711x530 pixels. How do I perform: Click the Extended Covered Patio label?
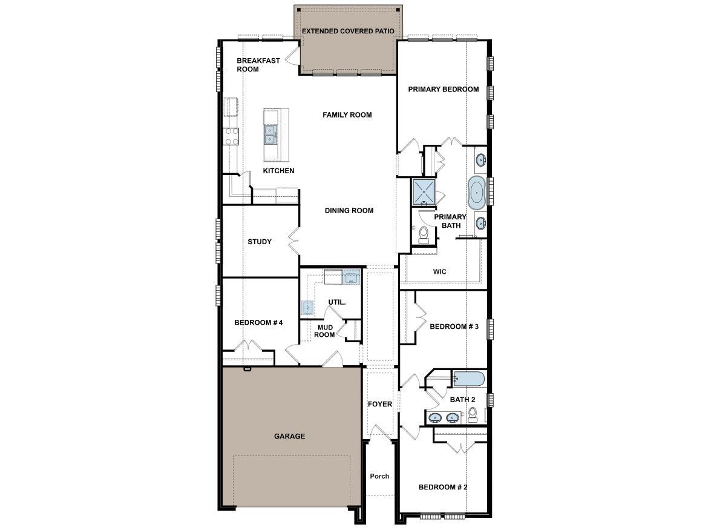pyautogui.click(x=348, y=31)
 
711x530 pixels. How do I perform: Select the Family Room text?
pyautogui.click(x=347, y=115)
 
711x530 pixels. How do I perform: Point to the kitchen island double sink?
pyautogui.click(x=270, y=134)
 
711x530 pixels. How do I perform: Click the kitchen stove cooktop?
pyautogui.click(x=231, y=136)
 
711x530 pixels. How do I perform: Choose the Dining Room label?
pyautogui.click(x=349, y=211)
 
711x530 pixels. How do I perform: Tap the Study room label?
pyautogui.click(x=260, y=242)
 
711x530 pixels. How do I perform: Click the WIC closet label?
pyautogui.click(x=440, y=272)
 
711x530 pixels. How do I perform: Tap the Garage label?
pyautogui.click(x=289, y=436)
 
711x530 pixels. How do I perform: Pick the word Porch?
pyautogui.click(x=379, y=476)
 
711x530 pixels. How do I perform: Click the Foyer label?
pyautogui.click(x=380, y=404)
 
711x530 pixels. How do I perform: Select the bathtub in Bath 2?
pyautogui.click(x=469, y=380)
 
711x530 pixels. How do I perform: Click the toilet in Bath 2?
pyautogui.click(x=473, y=414)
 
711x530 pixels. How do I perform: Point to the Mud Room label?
pyautogui.click(x=324, y=331)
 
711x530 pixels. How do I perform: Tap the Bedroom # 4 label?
pyautogui.click(x=258, y=323)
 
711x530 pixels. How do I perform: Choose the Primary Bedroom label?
pyautogui.click(x=443, y=89)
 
